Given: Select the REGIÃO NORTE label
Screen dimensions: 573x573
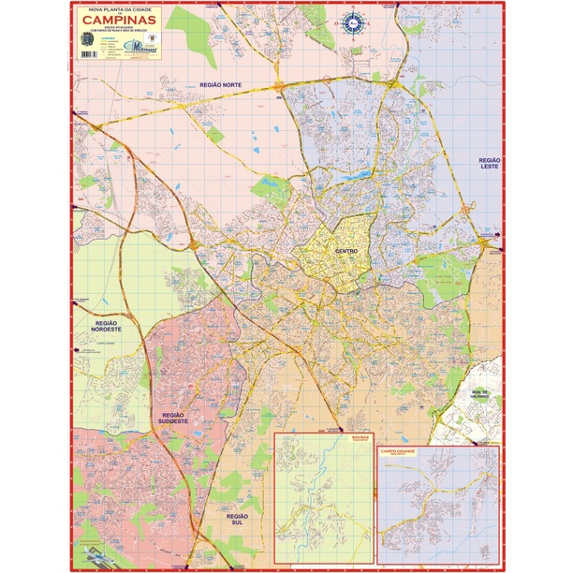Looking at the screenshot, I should [x=221, y=85].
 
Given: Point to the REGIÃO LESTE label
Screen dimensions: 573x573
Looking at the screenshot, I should [x=490, y=165].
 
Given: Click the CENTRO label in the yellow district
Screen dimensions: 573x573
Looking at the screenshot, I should [x=345, y=252].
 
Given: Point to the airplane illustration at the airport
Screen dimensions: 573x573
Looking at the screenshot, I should [x=95, y=552].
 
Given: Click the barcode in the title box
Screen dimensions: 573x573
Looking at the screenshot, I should [x=88, y=54].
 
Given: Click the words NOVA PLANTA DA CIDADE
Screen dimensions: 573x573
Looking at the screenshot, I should [x=120, y=8].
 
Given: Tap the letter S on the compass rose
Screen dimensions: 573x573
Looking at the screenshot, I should [x=354, y=30].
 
